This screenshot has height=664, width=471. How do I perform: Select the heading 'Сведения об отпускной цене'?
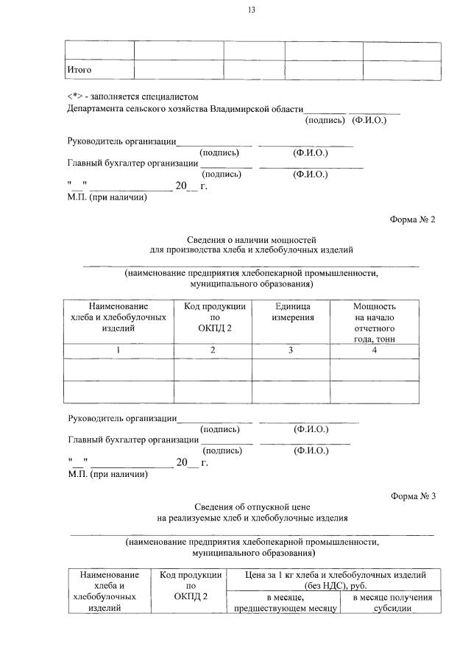(x=252, y=507)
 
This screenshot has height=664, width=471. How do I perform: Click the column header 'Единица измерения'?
(x=292, y=311)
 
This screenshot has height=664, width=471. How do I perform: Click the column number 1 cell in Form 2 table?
(x=118, y=350)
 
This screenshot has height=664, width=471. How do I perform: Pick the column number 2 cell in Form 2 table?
(x=213, y=350)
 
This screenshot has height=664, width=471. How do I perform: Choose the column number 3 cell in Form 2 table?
(x=291, y=350)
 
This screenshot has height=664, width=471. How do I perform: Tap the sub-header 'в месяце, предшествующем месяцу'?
(x=285, y=603)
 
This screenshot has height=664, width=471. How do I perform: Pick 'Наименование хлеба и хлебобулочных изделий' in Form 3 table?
(x=109, y=591)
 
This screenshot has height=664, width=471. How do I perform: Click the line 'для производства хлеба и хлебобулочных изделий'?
(x=252, y=250)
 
